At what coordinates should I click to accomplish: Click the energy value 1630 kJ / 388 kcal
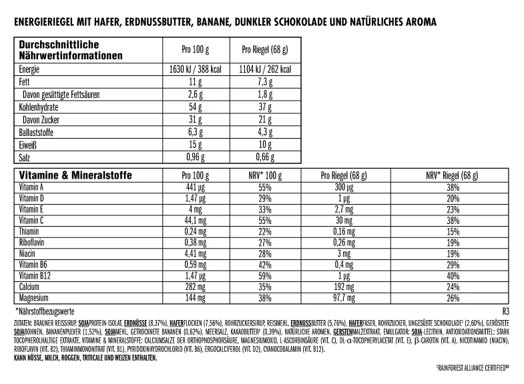point(196,69)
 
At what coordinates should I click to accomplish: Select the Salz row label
point(26,159)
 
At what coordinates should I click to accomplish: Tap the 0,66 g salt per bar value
point(266,159)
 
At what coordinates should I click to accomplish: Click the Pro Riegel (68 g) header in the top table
point(265,51)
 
